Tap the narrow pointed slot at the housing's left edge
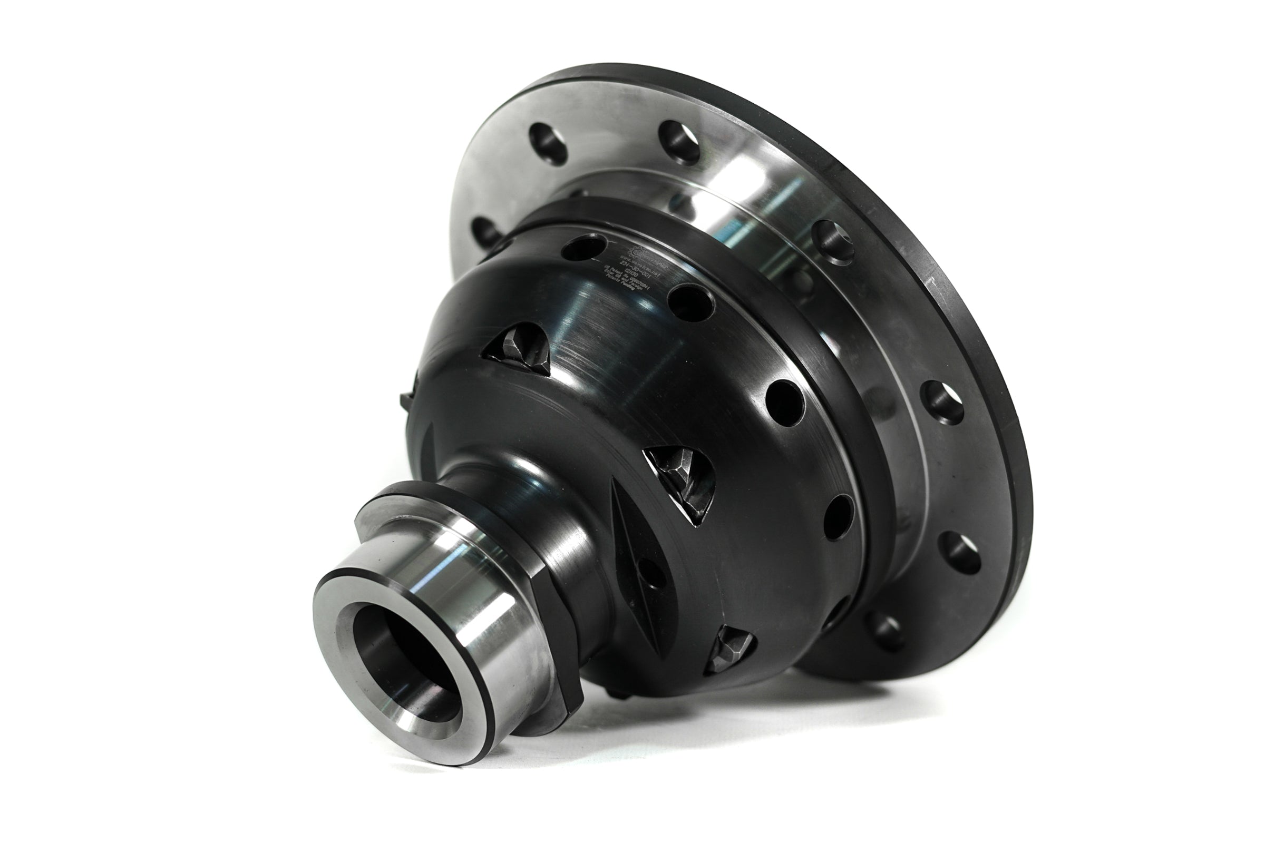[x=427, y=449]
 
